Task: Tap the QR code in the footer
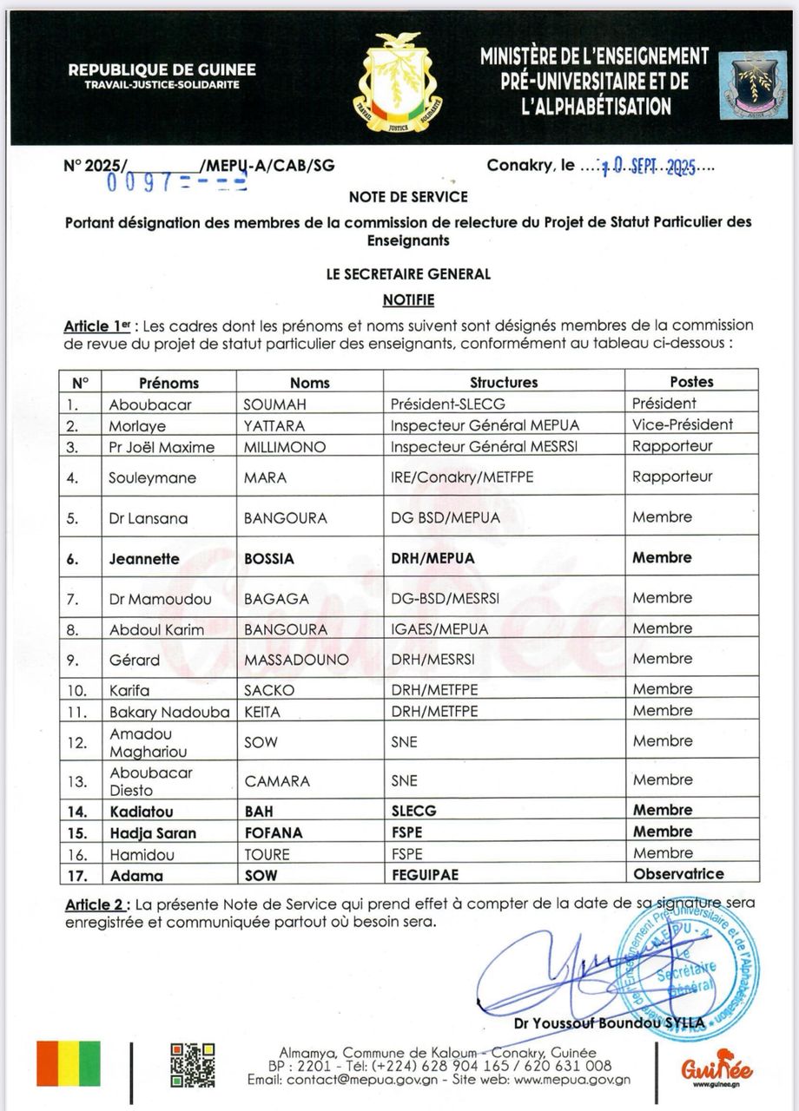point(192,1064)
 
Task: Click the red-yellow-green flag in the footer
point(68,1063)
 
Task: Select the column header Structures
point(504,382)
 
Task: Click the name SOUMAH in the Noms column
point(274,404)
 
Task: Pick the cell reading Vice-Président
point(683,425)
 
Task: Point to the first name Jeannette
point(144,559)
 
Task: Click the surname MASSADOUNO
point(296,660)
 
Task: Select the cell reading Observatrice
point(678,874)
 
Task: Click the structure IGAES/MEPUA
point(439,629)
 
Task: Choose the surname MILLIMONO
point(285,447)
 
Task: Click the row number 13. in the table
point(79,781)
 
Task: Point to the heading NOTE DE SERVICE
point(408,197)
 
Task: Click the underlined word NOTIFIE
point(408,300)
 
